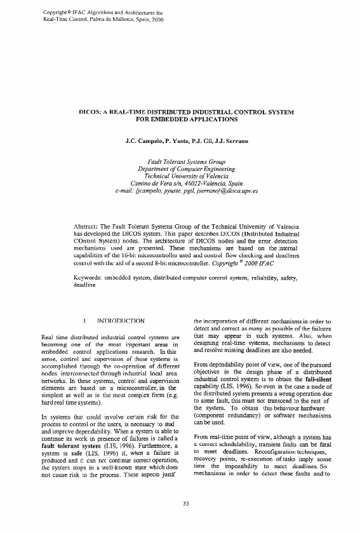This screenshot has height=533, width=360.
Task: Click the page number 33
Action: [186, 504]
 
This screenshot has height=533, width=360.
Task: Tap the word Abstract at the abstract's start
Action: [86, 226]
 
